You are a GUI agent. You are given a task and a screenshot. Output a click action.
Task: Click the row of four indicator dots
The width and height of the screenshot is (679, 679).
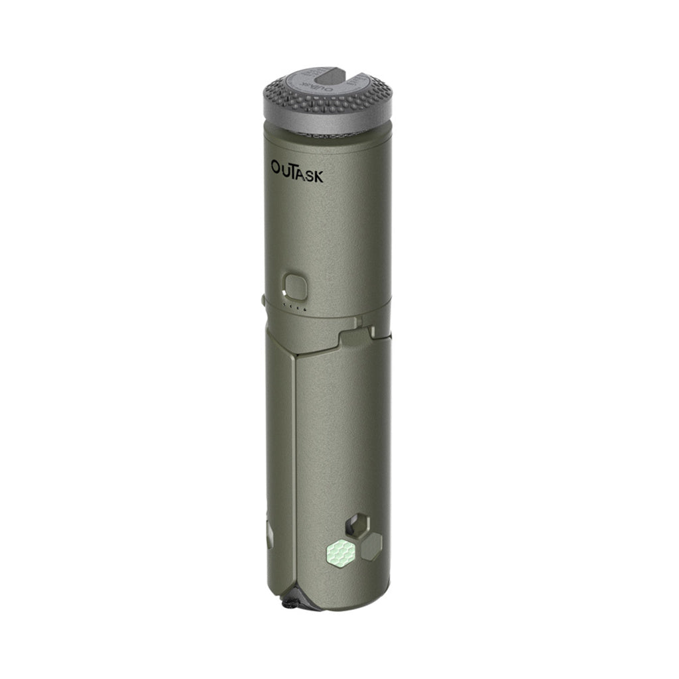(x=294, y=307)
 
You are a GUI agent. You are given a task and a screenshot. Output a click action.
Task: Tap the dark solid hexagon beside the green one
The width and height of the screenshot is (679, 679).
(x=371, y=546)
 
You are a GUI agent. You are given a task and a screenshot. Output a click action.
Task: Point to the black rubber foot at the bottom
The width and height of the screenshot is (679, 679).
(x=290, y=603)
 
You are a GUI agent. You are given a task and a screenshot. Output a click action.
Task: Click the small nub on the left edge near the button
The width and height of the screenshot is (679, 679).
(x=263, y=300)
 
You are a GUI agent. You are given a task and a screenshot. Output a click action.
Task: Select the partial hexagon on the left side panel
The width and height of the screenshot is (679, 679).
(x=269, y=534)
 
